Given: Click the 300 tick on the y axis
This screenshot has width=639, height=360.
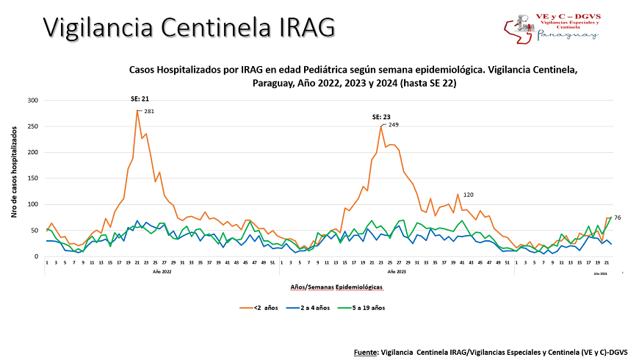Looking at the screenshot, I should pos(32,100).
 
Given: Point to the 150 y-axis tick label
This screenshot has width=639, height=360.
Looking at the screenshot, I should pos(32,179).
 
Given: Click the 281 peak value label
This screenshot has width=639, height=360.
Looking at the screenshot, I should pos(149,111).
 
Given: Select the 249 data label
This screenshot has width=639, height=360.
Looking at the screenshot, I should pos(394,125).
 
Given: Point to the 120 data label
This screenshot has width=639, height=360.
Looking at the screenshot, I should pos(468,194).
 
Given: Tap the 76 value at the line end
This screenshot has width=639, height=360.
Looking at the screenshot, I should pos(618,217).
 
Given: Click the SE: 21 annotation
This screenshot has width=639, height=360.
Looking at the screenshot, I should pos(138,99).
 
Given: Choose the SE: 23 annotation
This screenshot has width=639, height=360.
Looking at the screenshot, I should pos(382,117).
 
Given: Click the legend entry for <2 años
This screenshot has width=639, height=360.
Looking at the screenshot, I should pos(265,308).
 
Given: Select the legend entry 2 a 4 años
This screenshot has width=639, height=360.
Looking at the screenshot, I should pos(319,308).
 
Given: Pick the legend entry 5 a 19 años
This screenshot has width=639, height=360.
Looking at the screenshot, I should pos(374,308).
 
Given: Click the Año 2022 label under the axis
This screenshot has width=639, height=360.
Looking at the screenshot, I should pos(162,272).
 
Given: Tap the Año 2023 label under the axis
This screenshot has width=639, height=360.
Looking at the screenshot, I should pos(397,272).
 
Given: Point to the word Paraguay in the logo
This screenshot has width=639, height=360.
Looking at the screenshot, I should pos(568,35).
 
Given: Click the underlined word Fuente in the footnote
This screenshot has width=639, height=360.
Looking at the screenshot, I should pos(365,352).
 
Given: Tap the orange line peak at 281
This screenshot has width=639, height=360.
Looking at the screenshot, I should pos(137,110).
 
